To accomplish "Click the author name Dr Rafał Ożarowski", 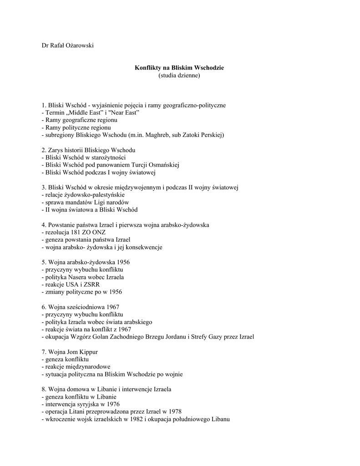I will coord(67,45).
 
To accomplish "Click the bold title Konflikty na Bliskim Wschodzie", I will coord(179,68).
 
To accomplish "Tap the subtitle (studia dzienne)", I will coord(179,76).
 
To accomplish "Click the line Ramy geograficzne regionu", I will coord(79,120).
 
